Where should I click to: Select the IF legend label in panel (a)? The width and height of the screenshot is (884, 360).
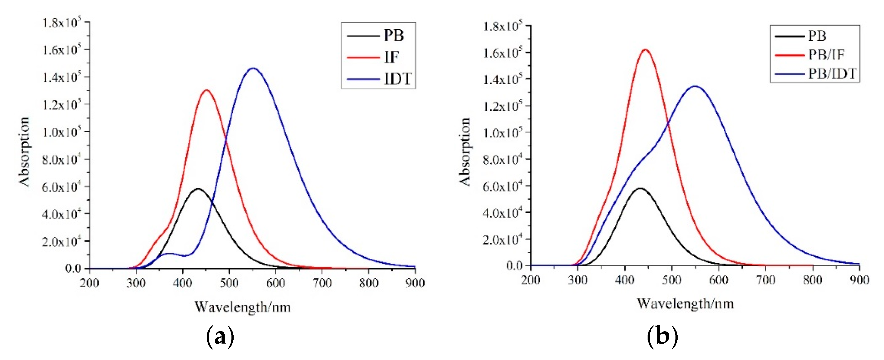pyautogui.click(x=391, y=57)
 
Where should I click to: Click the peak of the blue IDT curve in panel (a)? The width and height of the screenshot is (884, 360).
pyautogui.click(x=253, y=68)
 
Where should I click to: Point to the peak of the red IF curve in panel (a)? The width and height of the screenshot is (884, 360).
pyautogui.click(x=207, y=90)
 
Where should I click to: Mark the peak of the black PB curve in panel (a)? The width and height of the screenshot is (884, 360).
pyautogui.click(x=198, y=189)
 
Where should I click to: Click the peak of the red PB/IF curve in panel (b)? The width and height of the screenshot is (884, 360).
pyautogui.click(x=645, y=50)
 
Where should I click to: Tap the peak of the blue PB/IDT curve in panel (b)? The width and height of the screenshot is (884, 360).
pyautogui.click(x=695, y=86)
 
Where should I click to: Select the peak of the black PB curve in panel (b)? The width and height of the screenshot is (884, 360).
pyautogui.click(x=639, y=188)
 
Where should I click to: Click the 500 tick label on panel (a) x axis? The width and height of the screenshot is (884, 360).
pyautogui.click(x=229, y=283)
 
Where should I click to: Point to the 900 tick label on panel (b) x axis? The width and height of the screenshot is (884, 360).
pyautogui.click(x=859, y=280)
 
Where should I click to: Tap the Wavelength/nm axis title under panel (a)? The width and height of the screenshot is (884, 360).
pyautogui.click(x=243, y=307)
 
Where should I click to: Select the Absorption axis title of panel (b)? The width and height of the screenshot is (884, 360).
pyautogui.click(x=465, y=152)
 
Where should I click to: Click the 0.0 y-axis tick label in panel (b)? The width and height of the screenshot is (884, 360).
pyautogui.click(x=514, y=266)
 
